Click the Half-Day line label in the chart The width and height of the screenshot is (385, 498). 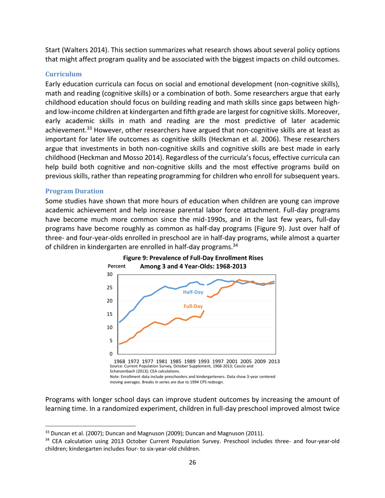pyautogui.click(x=193, y=292)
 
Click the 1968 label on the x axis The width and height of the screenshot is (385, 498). pyautogui.click(x=120, y=361)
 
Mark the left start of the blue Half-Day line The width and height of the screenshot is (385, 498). pyautogui.click(x=119, y=322)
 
